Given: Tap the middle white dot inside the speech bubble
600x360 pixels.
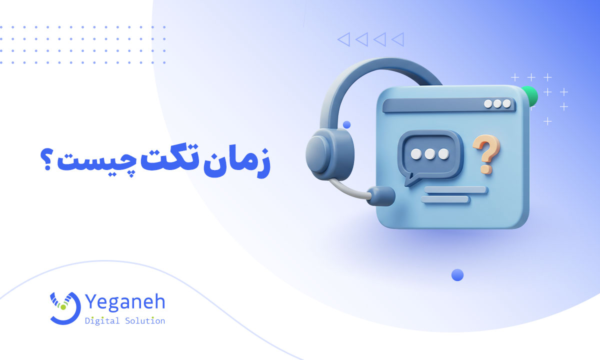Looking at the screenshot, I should (x=429, y=154).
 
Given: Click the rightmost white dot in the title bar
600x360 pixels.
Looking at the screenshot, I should (x=507, y=103).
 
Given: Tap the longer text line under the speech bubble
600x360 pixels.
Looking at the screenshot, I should (x=455, y=190).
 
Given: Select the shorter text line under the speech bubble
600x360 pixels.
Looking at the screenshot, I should (x=445, y=199).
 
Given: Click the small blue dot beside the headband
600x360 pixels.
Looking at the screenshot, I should (x=346, y=124).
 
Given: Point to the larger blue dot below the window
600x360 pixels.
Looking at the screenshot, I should (x=457, y=275).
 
